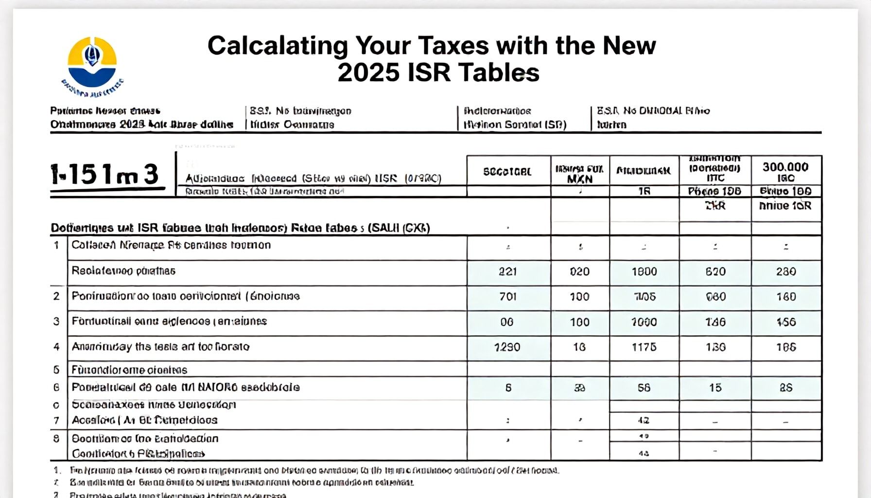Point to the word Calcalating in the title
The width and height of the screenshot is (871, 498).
tap(278, 46)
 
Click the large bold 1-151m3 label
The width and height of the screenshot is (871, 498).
tap(105, 175)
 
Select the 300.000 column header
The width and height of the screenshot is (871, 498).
tap(785, 167)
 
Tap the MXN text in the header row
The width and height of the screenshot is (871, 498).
tap(579, 179)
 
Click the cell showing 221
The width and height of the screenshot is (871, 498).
tap(507, 271)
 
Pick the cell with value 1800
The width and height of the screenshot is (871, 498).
tap(644, 271)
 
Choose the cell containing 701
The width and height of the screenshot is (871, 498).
tap(507, 297)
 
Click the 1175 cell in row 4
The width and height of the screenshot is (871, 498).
tap(644, 347)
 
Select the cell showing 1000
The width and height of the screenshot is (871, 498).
tap(644, 322)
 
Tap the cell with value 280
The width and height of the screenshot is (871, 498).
tap(785, 271)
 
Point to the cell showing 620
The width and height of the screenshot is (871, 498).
tap(715, 271)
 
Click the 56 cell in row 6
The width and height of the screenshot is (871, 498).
tap(644, 388)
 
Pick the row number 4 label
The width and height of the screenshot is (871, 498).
tap(56, 347)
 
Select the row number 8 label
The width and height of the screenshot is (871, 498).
tap(56, 438)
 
